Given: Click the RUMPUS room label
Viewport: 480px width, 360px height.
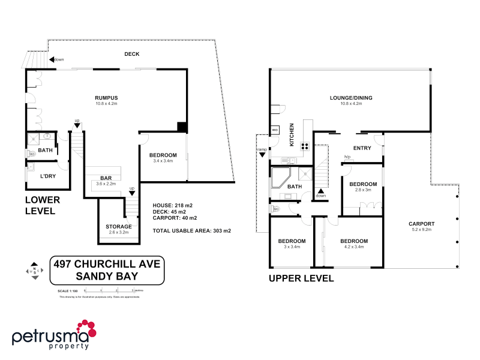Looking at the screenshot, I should point(106,98).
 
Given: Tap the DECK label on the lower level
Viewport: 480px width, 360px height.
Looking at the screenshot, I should point(131,54).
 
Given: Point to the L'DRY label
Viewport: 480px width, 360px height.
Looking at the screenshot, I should point(48,176).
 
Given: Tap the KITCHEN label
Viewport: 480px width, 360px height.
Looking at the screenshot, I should point(292,136).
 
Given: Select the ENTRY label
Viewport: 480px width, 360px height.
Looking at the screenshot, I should point(362,148).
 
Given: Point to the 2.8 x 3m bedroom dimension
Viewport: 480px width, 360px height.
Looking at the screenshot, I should point(363,190).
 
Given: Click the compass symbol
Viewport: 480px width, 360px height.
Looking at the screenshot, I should point(36,271).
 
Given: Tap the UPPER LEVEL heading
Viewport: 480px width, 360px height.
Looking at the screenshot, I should point(301,279).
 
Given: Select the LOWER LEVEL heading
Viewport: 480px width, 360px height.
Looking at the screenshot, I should point(40,206).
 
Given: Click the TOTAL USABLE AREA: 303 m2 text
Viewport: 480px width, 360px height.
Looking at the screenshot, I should point(192,230).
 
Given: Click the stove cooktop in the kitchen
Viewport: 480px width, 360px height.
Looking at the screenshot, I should point(305,145).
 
